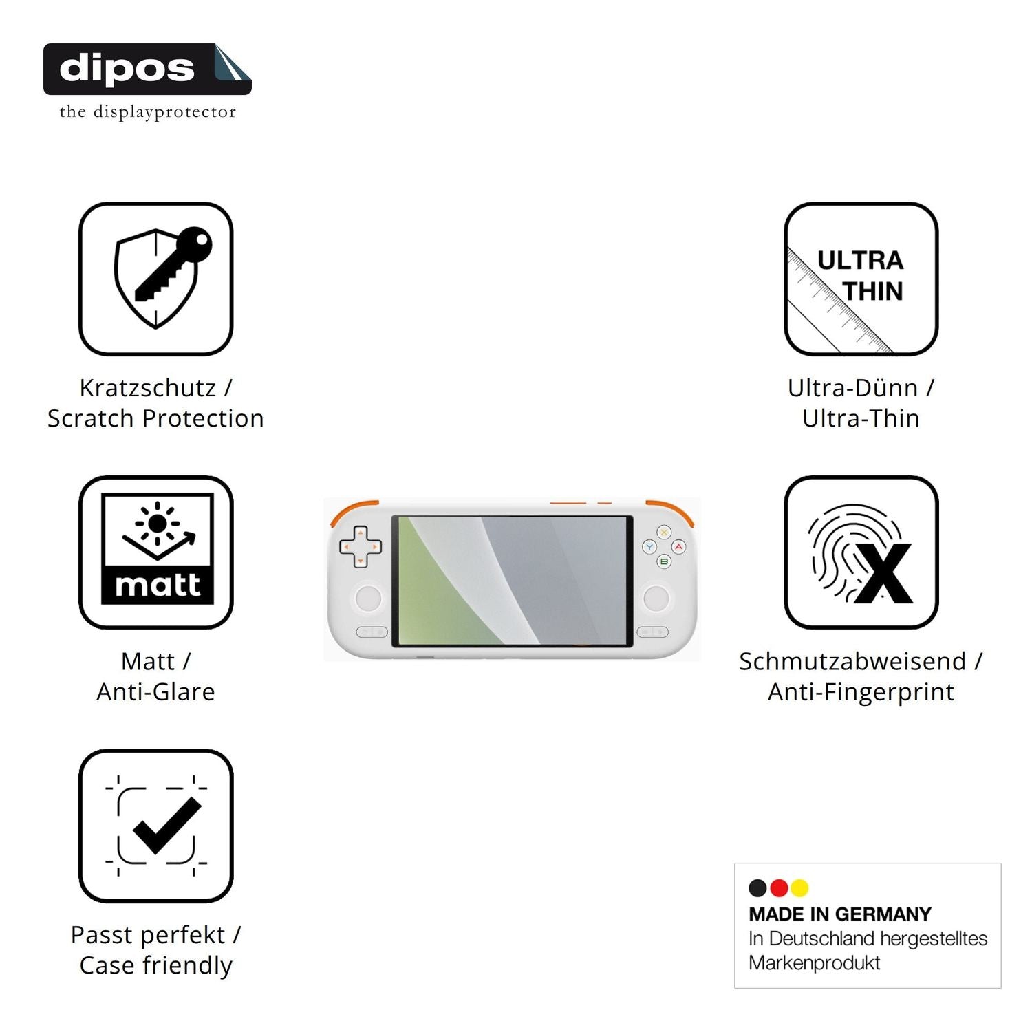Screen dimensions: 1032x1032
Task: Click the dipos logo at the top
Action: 147,81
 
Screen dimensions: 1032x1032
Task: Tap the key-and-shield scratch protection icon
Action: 156,279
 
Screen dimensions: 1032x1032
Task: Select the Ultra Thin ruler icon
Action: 861,279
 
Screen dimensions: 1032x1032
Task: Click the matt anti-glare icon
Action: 156,552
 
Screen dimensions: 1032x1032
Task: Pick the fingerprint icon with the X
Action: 861,552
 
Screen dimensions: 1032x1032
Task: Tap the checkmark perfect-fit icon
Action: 156,826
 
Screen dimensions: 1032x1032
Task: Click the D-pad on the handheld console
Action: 360,547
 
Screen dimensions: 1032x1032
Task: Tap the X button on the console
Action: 664,532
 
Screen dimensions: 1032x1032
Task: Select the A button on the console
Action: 678,547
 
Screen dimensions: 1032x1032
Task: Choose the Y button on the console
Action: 649,547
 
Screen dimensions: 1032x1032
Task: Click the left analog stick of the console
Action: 368,597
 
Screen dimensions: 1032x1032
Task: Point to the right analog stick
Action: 656,597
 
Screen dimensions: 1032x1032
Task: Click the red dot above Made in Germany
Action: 779,888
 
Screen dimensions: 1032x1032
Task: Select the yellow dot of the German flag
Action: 799,888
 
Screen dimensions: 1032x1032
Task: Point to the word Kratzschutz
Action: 148,388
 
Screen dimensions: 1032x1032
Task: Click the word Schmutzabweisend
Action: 852,661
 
